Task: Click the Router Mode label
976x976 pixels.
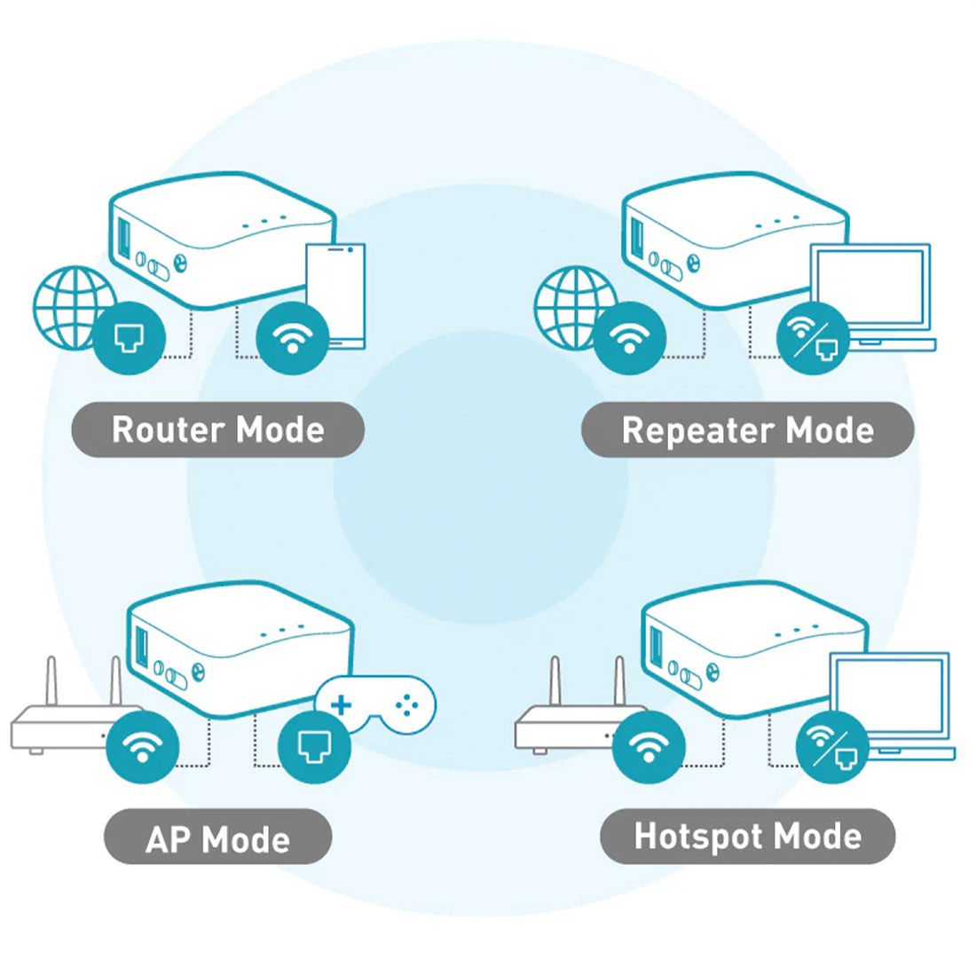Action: (x=218, y=429)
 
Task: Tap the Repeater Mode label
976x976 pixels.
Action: (x=748, y=429)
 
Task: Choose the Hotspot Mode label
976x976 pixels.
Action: (x=748, y=836)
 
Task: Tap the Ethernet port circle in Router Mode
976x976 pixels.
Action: (x=130, y=338)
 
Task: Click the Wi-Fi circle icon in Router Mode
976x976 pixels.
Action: (x=293, y=338)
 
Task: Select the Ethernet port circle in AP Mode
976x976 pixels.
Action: (x=314, y=747)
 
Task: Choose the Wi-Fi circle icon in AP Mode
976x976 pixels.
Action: (x=143, y=747)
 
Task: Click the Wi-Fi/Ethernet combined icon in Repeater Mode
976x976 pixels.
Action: (x=813, y=338)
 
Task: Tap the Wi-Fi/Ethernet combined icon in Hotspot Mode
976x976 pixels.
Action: (x=832, y=747)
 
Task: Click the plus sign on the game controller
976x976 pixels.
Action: (x=341, y=705)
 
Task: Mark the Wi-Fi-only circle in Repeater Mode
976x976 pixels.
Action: (x=629, y=338)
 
